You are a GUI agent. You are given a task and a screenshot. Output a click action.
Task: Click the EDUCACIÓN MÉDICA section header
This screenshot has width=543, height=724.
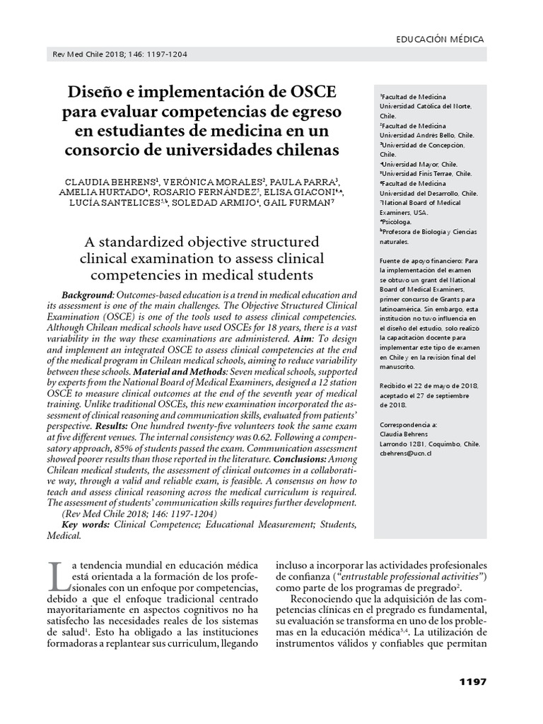[x=439, y=40]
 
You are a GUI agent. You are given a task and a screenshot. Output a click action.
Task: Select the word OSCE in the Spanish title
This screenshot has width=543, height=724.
[x=313, y=93]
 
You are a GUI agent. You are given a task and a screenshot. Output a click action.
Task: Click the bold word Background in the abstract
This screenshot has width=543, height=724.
[x=87, y=294]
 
